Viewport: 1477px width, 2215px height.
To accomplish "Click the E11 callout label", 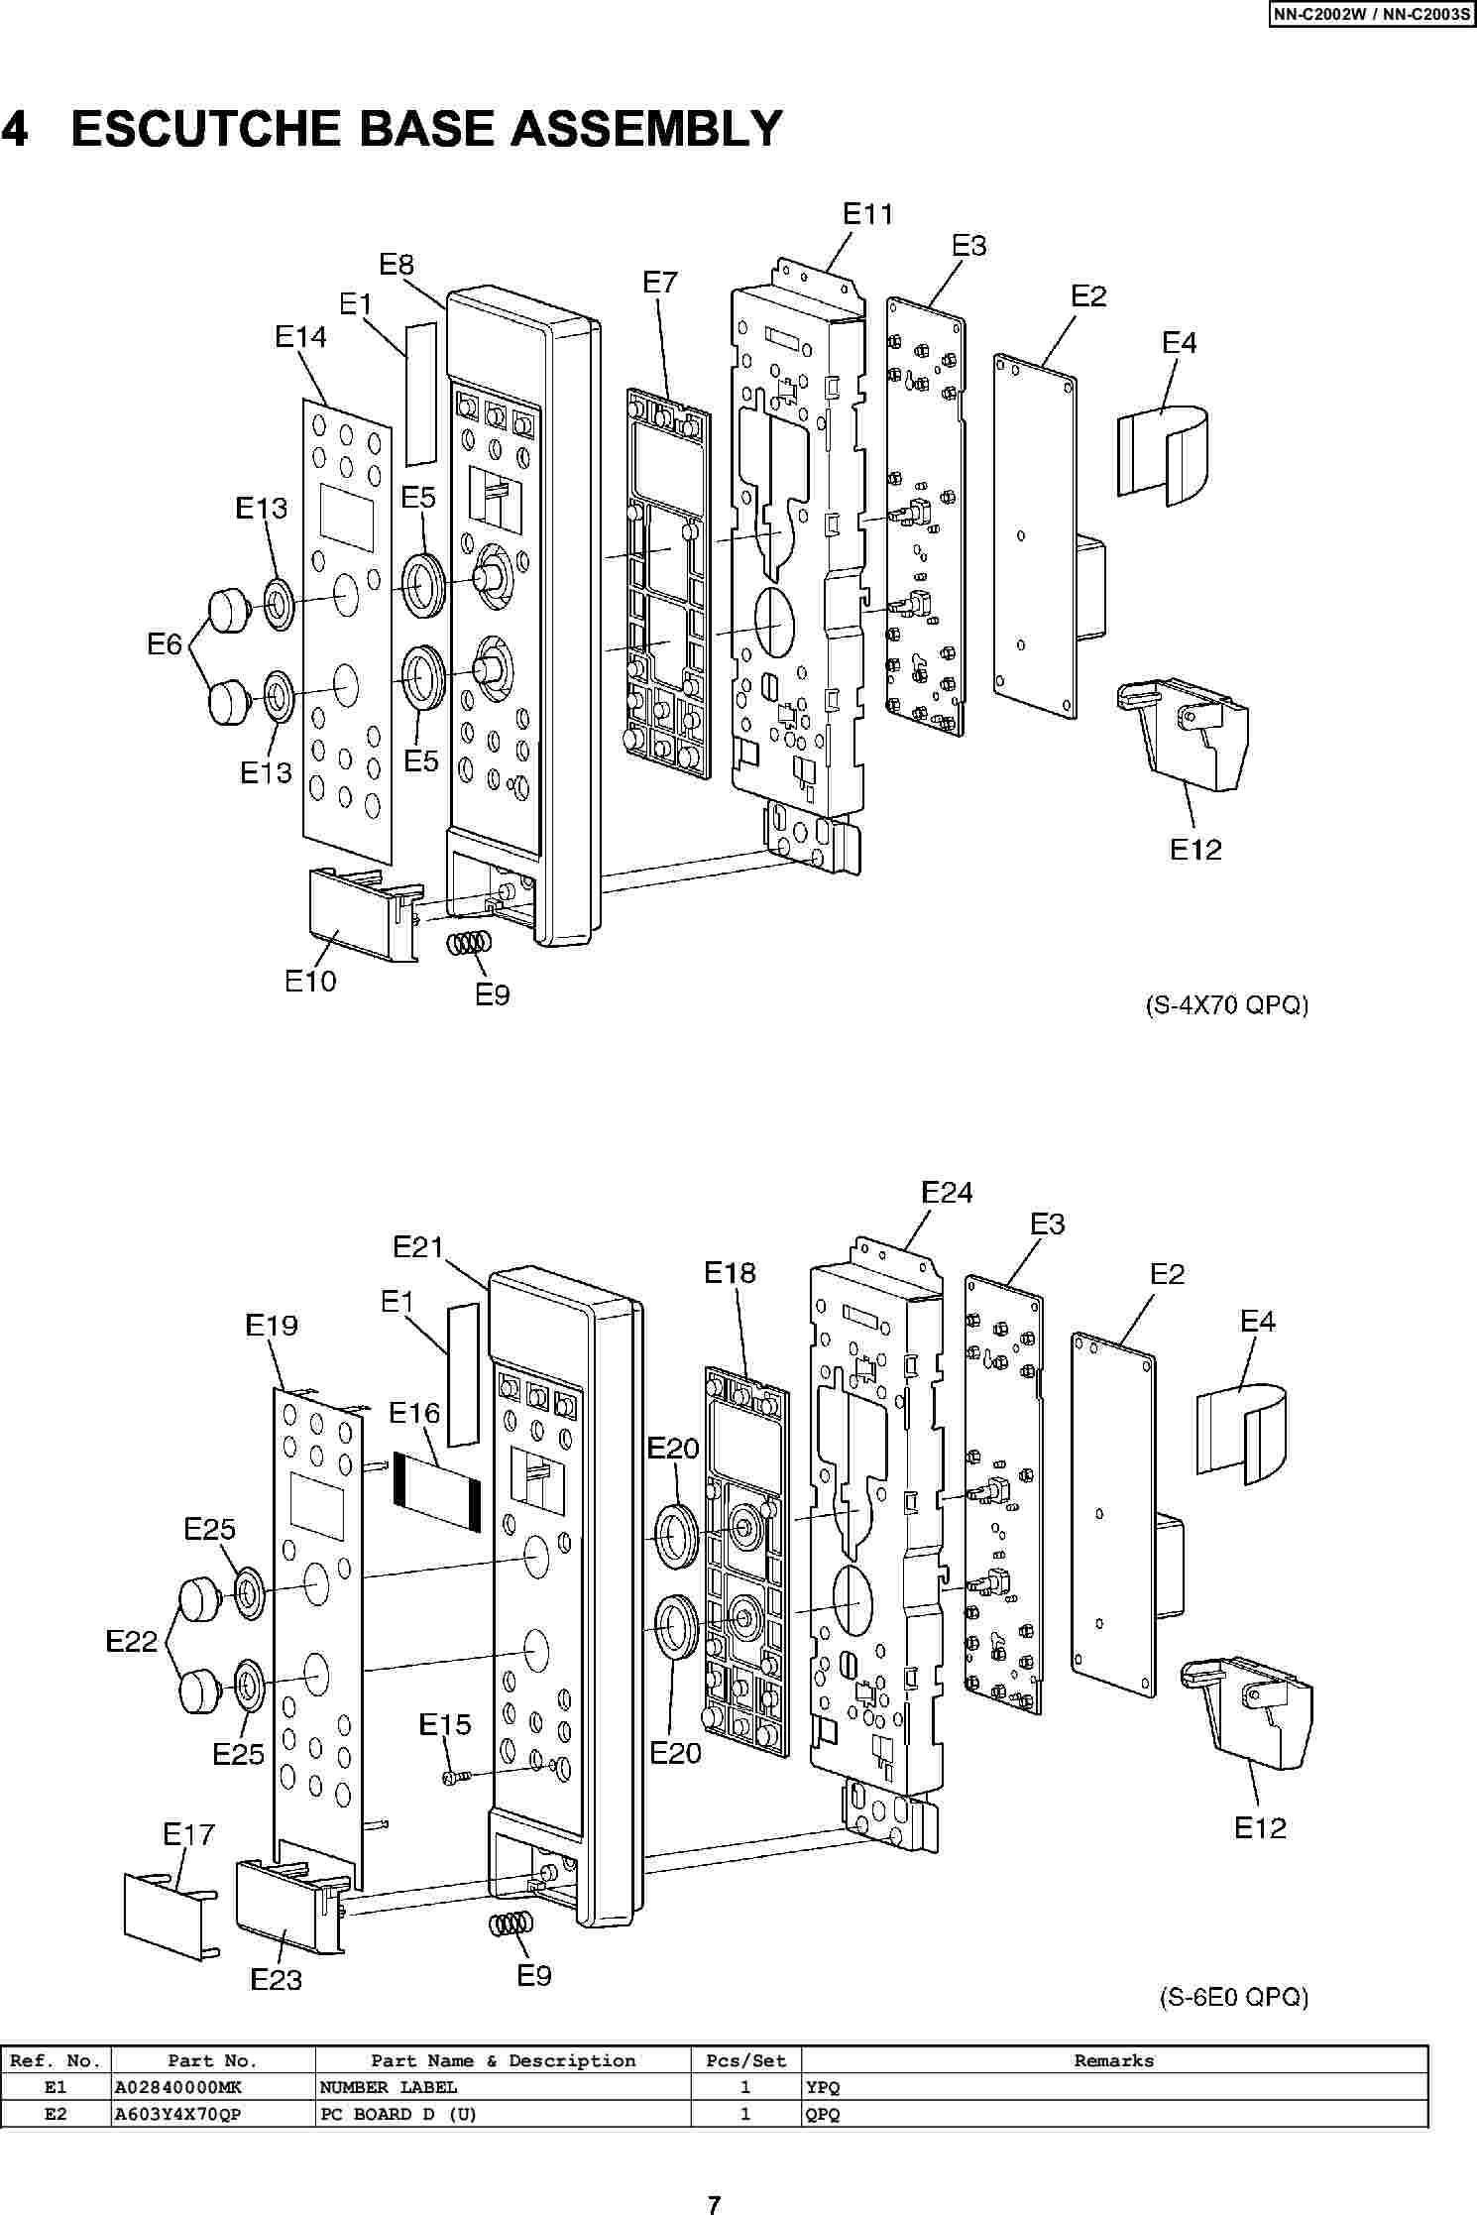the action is (867, 214).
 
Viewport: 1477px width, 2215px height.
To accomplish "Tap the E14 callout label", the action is (300, 337).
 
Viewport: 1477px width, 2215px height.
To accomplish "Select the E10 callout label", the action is (310, 981).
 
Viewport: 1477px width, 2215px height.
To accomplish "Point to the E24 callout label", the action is (947, 1192).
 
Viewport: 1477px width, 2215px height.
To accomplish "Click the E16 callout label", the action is (414, 1412).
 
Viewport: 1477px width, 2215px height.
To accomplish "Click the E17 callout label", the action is (188, 1834).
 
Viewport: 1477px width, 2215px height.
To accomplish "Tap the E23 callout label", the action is (276, 1979).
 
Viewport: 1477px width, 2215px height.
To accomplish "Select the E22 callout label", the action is (132, 1642).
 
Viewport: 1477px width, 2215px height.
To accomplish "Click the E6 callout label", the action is (165, 644).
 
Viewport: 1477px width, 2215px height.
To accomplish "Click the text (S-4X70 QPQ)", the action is (1226, 1005).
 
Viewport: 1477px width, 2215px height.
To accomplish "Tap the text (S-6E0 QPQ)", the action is (1234, 1997).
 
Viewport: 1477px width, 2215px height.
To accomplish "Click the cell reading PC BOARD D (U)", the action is (398, 2114).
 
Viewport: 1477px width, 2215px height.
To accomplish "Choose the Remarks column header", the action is (1114, 2061).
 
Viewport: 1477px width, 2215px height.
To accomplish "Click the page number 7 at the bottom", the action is (714, 2204).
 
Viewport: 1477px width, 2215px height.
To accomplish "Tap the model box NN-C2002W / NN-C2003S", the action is (1371, 14).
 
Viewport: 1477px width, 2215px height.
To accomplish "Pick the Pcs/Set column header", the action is (745, 2061).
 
